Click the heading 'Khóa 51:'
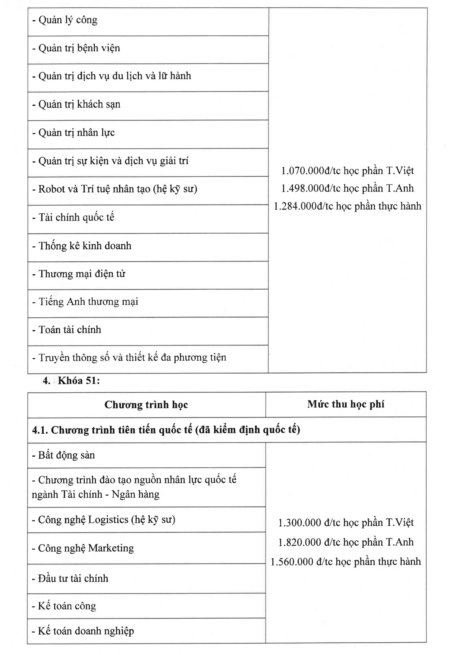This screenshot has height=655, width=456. (79, 381)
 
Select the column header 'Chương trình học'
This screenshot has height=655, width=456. (146, 405)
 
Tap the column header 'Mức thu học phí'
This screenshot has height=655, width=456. (346, 404)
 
